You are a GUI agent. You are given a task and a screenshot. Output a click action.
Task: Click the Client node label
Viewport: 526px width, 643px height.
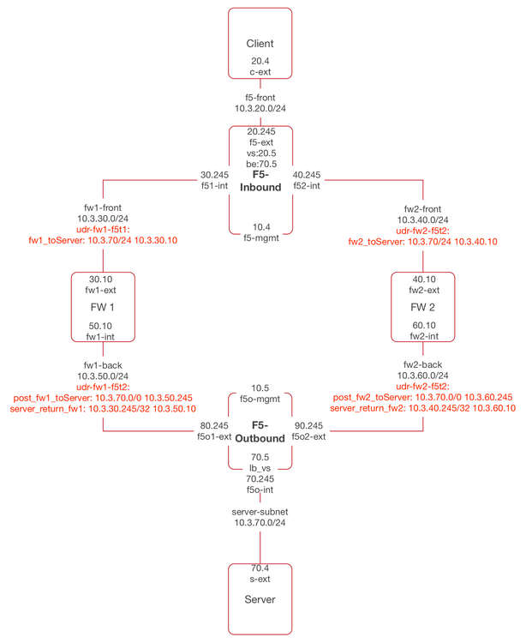(260, 43)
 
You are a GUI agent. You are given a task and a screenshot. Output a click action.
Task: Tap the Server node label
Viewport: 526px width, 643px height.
(260, 598)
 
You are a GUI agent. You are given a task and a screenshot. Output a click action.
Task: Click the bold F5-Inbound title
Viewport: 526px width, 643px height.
(260, 180)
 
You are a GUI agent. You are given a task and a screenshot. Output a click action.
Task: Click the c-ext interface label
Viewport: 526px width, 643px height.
(260, 73)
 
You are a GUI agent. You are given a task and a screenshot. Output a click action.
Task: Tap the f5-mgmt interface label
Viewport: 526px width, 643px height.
(260, 238)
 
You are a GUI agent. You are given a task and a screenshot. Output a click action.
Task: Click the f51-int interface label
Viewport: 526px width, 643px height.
(214, 185)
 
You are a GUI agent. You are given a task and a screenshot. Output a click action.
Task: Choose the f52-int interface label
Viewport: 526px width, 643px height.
(308, 185)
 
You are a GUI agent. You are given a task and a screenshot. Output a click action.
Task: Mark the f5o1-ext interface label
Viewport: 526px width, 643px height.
(213, 436)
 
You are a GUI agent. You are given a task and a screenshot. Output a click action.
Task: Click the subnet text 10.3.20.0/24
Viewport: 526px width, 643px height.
(260, 109)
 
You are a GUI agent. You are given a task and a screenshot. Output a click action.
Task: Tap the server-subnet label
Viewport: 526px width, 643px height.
(260, 511)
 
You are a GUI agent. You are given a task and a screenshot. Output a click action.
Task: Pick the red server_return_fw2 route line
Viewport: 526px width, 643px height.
(421, 409)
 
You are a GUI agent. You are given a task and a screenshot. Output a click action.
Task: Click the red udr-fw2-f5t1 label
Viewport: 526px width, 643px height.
(421, 231)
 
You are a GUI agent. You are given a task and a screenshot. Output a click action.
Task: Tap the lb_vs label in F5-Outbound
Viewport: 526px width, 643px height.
(260, 469)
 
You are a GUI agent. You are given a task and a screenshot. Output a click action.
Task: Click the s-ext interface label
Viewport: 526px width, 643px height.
(260, 578)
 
